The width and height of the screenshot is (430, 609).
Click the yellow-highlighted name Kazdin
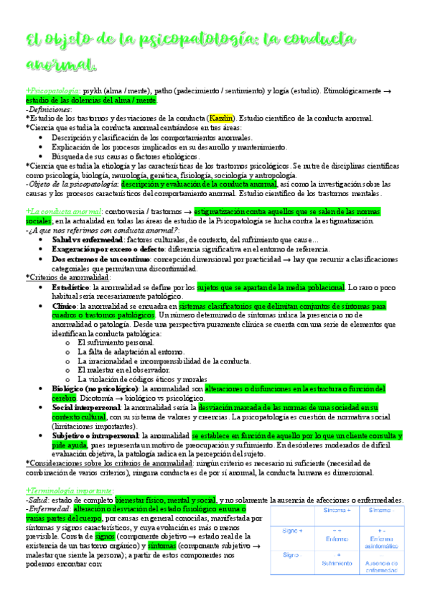(218, 118)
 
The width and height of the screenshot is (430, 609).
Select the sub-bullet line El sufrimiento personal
(116, 343)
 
